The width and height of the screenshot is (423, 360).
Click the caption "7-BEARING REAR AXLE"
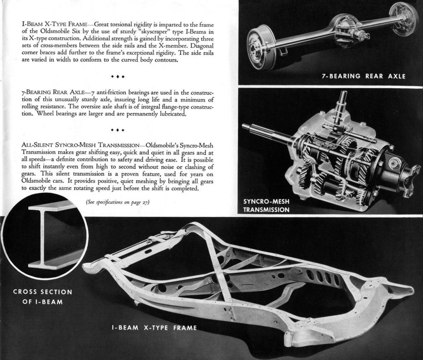[363, 77]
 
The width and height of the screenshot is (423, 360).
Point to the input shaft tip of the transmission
[245, 126]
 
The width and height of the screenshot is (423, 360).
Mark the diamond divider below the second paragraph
[117, 130]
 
